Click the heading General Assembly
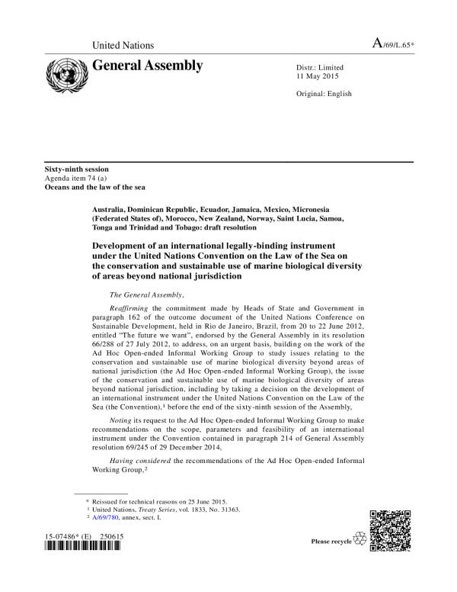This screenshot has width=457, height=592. coord(147,66)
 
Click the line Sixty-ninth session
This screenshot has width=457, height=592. coord(76,169)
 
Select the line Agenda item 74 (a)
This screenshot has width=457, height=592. coord(75,178)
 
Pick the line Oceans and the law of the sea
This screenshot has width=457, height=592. coord(94,187)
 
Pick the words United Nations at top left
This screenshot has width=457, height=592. coord(123,46)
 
